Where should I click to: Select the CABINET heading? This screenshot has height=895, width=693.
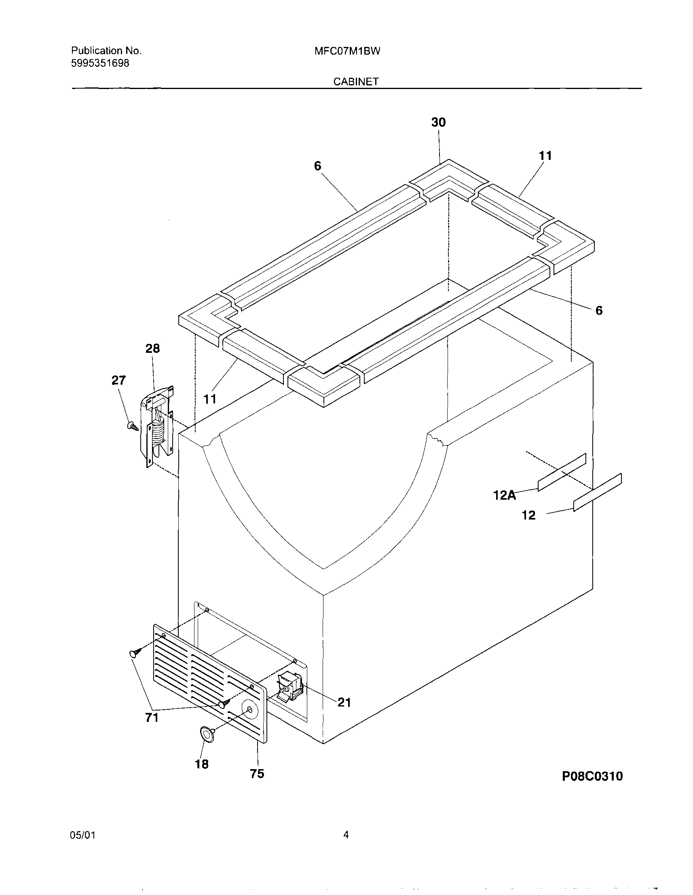[355, 82]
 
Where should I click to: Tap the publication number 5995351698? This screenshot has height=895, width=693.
[100, 63]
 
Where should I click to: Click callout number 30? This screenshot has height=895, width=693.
[438, 122]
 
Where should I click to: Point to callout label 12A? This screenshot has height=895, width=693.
[505, 495]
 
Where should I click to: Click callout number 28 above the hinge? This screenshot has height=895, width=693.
[153, 348]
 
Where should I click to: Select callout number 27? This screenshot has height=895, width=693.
[118, 380]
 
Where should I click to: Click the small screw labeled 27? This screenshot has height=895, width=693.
[132, 426]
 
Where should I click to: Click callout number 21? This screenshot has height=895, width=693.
[344, 702]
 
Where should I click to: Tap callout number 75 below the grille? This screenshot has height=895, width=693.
[257, 774]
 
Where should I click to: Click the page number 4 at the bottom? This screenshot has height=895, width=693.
[346, 834]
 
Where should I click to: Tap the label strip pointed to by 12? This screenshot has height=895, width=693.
[598, 492]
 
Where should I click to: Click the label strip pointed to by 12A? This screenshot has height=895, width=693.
[562, 472]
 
